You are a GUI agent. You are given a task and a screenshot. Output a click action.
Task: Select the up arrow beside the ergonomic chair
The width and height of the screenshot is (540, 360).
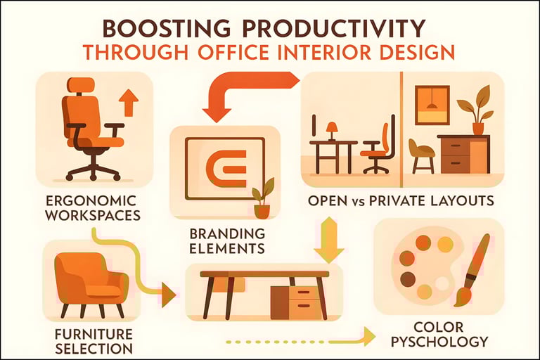pos(129,103)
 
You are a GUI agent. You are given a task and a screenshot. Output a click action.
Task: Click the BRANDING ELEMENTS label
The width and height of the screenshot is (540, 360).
pos(226,240)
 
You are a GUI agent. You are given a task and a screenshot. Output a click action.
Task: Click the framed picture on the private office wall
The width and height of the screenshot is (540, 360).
pos(432,105)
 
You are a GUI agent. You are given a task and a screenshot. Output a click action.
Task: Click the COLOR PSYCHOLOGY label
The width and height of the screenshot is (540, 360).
pos(441,335)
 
